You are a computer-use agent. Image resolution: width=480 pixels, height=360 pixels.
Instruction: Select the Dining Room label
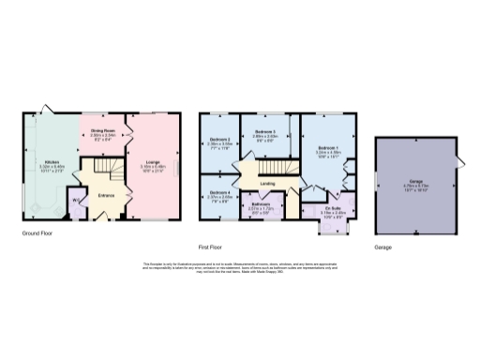tap(103, 131)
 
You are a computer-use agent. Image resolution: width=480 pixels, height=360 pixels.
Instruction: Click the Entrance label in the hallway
tap(106, 195)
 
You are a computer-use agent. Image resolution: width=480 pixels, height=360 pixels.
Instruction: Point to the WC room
tap(75, 200)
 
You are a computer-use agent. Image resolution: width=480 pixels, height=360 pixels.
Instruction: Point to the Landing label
tap(267, 184)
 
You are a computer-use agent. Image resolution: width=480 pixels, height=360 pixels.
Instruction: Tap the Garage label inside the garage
tap(415, 183)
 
